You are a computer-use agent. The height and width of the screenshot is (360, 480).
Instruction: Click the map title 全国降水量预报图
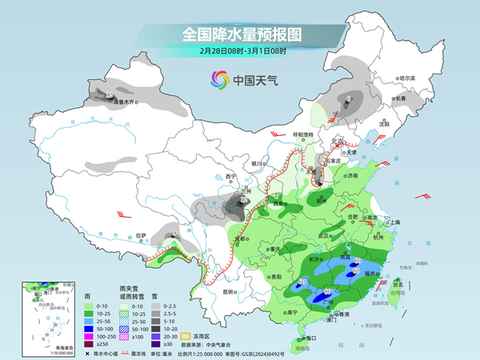pyautogui.click(x=240, y=34)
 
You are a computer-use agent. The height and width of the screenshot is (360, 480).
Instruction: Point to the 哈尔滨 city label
pyautogui.click(x=407, y=78)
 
